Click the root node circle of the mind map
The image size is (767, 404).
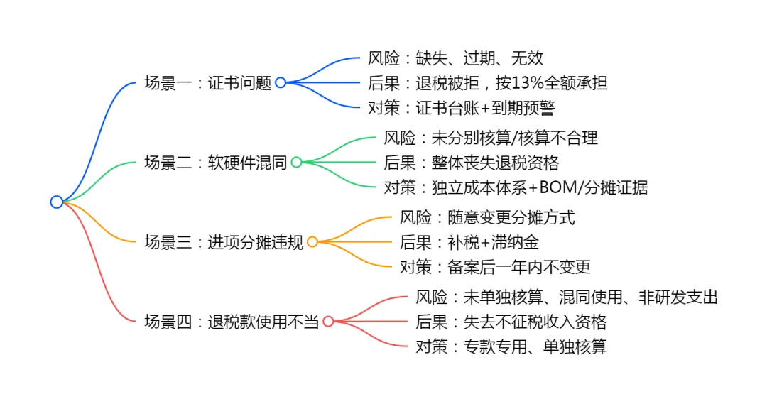coord(57,202)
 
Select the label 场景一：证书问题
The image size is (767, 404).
coord(207,83)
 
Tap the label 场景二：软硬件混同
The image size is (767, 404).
coord(215,163)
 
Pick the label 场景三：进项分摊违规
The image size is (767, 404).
coord(224,242)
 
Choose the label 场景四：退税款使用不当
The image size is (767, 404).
coord(232,322)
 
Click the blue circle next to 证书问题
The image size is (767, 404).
coord(281,83)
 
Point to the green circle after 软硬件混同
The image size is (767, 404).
coord(296,163)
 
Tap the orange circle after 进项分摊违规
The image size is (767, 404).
coord(312,242)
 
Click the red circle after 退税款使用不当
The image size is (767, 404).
coord(328,322)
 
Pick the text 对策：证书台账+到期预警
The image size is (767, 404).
coord(461,108)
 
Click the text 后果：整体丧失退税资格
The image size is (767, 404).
coord(471,163)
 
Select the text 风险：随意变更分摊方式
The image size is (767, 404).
coord(487,217)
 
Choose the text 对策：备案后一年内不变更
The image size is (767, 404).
coord(495,267)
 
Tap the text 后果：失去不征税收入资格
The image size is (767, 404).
coord(511,322)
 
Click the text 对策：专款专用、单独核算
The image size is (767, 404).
coord(511,347)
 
